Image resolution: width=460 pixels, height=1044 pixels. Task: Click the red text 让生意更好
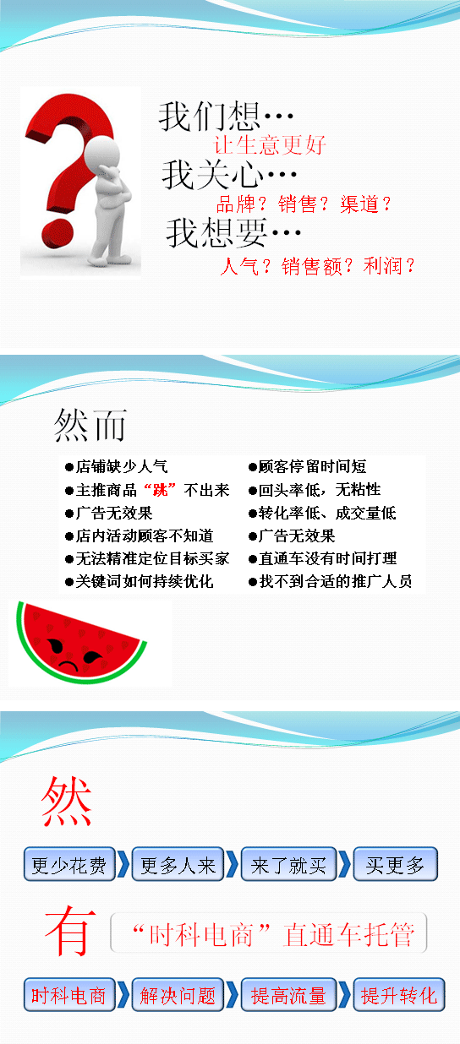pyautogui.click(x=270, y=144)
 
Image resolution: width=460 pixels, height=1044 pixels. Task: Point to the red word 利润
pyautogui.click(x=382, y=266)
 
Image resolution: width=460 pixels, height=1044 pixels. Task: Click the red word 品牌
pyautogui.click(x=236, y=204)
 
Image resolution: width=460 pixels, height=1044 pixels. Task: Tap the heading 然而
pyautogui.click(x=90, y=425)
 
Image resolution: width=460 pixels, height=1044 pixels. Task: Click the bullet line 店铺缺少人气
pyautogui.click(x=117, y=466)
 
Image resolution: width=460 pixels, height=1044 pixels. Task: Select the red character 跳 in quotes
pyautogui.click(x=160, y=490)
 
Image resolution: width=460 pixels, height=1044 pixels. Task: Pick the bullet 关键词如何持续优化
pyautogui.click(x=139, y=581)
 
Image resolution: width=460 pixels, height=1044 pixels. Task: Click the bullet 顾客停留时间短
pyautogui.click(x=308, y=466)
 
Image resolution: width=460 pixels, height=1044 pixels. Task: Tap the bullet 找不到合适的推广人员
pyautogui.click(x=331, y=581)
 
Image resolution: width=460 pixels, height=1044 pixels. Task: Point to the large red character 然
pyautogui.click(x=66, y=802)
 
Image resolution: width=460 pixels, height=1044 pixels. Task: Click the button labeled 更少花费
pyautogui.click(x=69, y=864)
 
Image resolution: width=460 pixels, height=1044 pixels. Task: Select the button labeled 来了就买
pyautogui.click(x=288, y=864)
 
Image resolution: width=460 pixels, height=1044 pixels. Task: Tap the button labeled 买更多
pyautogui.click(x=395, y=864)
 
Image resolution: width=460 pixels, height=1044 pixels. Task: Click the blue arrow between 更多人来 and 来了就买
pyautogui.click(x=233, y=864)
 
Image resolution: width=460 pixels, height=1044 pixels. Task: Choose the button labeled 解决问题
pyautogui.click(x=178, y=995)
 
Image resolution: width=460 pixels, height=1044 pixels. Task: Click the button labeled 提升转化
pyautogui.click(x=399, y=995)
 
